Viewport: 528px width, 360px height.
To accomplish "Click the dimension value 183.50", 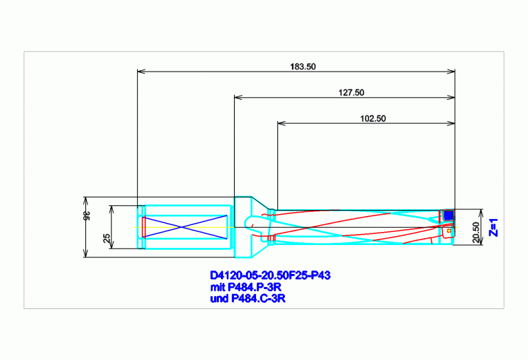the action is click(x=303, y=67).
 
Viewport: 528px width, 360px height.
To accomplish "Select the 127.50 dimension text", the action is click(x=351, y=93).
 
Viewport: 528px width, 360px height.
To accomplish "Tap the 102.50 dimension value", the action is click(x=372, y=118).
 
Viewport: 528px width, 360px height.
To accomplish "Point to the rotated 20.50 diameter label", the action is click(x=476, y=232).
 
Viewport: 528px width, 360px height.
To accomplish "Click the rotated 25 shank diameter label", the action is click(x=107, y=238).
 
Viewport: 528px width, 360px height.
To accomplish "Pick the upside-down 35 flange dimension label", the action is click(x=87, y=216).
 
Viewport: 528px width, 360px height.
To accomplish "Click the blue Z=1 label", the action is click(x=494, y=228).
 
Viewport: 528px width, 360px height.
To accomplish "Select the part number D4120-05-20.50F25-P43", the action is click(x=270, y=275).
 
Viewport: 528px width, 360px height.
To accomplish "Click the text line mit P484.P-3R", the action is click(x=246, y=287).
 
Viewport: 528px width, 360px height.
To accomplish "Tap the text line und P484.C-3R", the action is click(x=248, y=299).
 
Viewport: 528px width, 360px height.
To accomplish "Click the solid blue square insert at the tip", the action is click(x=448, y=215).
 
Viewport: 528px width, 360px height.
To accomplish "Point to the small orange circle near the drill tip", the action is click(x=449, y=231).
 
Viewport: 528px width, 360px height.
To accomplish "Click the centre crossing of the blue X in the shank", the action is click(x=182, y=227).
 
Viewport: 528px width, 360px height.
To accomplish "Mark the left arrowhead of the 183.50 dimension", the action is click(x=141, y=72).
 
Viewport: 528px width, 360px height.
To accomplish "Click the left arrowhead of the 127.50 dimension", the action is click(x=238, y=97).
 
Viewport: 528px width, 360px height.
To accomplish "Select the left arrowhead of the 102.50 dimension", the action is click(x=282, y=123).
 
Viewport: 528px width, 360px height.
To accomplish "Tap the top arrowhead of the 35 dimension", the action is click(x=85, y=201).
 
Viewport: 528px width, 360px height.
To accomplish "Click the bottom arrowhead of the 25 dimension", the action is click(x=112, y=245).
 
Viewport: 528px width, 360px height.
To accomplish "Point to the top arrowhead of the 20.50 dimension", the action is click(x=481, y=213).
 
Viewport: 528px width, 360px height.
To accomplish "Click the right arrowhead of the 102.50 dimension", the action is click(x=451, y=123).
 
